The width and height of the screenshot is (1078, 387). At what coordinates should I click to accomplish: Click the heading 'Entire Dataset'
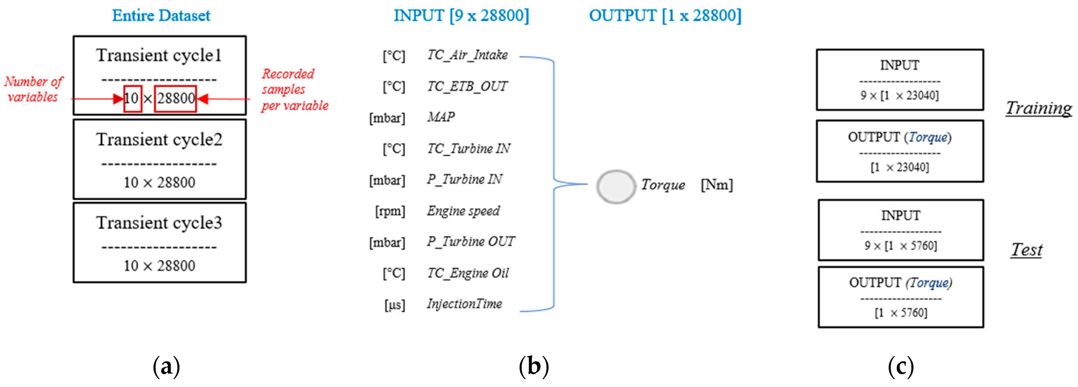click(161, 16)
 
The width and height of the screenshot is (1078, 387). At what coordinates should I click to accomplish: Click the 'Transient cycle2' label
click(159, 140)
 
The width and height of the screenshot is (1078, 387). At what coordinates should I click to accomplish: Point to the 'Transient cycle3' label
click(159, 223)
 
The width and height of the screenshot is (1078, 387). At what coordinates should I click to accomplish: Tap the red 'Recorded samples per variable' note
click(294, 90)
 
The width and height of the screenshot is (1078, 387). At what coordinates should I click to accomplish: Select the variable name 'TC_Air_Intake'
click(467, 55)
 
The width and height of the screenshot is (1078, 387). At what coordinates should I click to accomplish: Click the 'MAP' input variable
click(441, 117)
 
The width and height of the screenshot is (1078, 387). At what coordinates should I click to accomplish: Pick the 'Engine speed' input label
click(463, 211)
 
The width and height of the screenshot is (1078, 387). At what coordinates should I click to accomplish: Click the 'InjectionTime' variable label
click(465, 304)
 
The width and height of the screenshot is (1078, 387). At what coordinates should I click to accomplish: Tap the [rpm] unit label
click(390, 211)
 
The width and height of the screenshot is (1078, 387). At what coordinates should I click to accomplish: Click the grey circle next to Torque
click(615, 186)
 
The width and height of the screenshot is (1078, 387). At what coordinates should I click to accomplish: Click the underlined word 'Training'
click(1038, 108)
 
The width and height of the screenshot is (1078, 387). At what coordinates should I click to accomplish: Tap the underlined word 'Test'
click(1027, 250)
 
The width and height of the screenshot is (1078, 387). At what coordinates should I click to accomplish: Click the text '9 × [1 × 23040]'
click(900, 96)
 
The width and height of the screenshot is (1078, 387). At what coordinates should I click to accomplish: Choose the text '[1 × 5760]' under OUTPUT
click(901, 313)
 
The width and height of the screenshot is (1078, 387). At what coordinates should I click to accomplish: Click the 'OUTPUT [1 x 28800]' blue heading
click(665, 16)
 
